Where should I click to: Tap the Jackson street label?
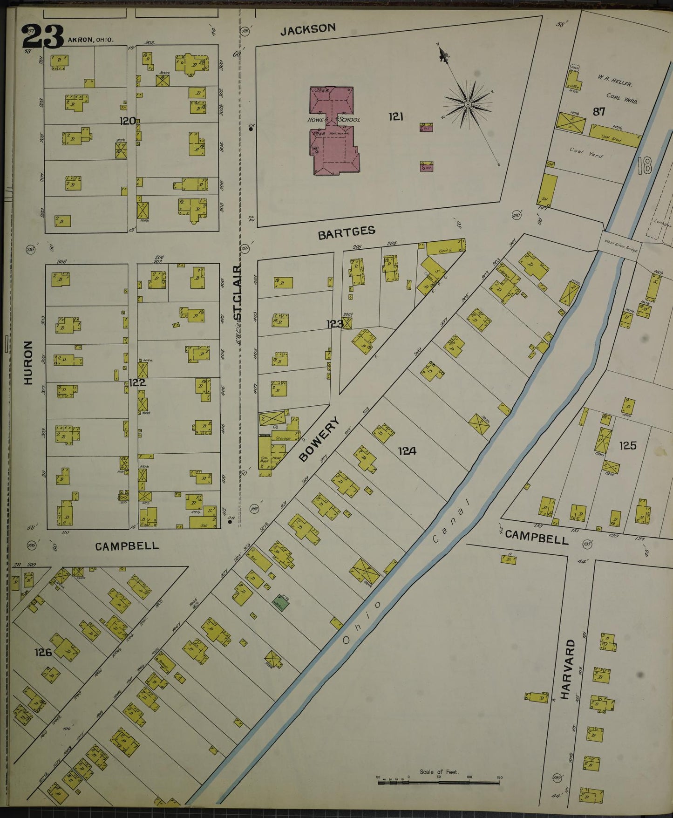click(x=308, y=29)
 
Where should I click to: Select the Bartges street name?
click(x=347, y=233)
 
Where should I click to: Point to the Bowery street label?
click(x=319, y=439)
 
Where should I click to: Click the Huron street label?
click(x=28, y=362)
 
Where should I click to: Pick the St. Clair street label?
click(x=237, y=293)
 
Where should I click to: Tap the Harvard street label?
click(x=564, y=669)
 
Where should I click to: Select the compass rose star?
click(x=467, y=104)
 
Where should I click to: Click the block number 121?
click(x=396, y=116)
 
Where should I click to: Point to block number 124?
click(x=407, y=450)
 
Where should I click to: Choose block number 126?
click(x=42, y=652)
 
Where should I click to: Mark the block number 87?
click(x=599, y=111)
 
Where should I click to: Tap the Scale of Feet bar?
click(x=439, y=782)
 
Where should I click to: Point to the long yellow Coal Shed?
click(x=615, y=135)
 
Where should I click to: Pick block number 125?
click(x=627, y=445)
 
